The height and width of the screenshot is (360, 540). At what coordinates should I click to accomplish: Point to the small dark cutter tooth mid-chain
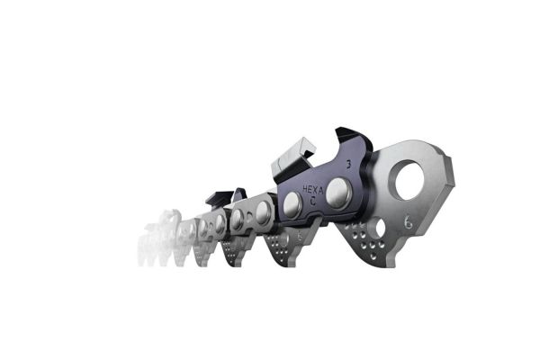224,197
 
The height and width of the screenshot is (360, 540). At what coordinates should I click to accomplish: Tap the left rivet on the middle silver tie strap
237,219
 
